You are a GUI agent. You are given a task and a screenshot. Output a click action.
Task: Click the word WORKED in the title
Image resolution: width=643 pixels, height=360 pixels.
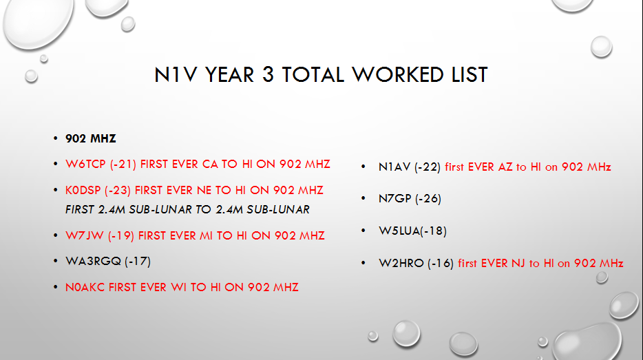pyautogui.click(x=398, y=74)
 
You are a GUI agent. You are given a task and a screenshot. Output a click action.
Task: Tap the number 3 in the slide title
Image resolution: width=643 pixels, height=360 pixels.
pyautogui.click(x=268, y=74)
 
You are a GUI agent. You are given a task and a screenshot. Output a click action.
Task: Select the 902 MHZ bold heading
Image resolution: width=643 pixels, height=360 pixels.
pyautogui.click(x=91, y=138)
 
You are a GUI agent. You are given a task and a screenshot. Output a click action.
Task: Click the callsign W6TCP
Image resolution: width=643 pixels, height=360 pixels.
pyautogui.click(x=85, y=164)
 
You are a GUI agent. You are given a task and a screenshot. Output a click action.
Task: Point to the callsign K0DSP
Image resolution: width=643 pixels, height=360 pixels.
pyautogui.click(x=83, y=190)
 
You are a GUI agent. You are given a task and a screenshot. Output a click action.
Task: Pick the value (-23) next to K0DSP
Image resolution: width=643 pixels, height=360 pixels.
pyautogui.click(x=118, y=190)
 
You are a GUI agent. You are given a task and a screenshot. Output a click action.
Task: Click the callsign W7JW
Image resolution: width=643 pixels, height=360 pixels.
pyautogui.click(x=85, y=236)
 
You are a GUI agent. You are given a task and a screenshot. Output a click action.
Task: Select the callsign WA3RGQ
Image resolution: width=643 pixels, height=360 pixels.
pyautogui.click(x=93, y=261)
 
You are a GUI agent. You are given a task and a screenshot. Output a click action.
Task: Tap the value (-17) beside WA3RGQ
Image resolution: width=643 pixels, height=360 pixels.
pyautogui.click(x=138, y=261)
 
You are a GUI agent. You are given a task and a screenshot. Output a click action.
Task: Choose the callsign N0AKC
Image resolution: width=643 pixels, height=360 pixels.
pyautogui.click(x=85, y=288)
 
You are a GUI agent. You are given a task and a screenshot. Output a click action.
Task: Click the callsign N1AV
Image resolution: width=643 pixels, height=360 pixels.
pyautogui.click(x=394, y=167)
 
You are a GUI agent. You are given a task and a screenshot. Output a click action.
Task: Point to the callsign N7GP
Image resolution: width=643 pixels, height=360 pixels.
pyautogui.click(x=395, y=198)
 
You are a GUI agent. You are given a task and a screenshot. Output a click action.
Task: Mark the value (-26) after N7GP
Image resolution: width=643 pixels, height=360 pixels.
pyautogui.click(x=428, y=198)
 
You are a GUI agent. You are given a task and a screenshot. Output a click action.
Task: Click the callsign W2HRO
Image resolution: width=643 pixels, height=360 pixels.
pyautogui.click(x=401, y=263)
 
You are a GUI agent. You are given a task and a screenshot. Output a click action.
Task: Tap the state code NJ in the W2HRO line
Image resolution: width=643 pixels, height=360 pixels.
pyautogui.click(x=518, y=263)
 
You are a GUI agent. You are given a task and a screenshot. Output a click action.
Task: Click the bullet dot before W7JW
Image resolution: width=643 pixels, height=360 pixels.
pyautogui.click(x=55, y=235)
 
